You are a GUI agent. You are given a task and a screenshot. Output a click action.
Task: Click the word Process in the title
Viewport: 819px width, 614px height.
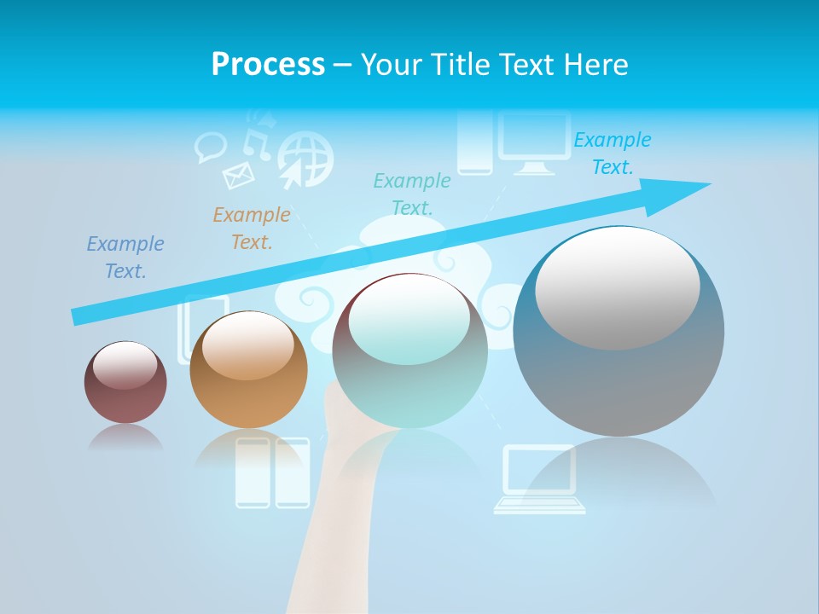pyautogui.click(x=268, y=65)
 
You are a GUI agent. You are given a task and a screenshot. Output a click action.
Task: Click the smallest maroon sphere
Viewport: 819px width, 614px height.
pyautogui.click(x=125, y=383)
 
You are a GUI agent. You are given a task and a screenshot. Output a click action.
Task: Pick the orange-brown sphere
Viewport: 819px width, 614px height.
pyautogui.click(x=248, y=370)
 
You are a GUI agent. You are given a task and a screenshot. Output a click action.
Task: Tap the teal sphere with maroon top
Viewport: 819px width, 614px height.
pyautogui.click(x=409, y=351)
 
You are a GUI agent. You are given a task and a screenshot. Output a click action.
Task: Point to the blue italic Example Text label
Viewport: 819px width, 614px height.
pyautogui.click(x=125, y=258)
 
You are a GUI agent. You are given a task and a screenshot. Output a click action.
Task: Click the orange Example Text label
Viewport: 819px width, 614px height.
pyautogui.click(x=252, y=229)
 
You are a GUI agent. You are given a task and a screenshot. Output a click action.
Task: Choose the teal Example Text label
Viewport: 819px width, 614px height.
pyautogui.click(x=412, y=194)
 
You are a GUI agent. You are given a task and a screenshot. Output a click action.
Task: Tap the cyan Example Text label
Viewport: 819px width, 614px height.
pyautogui.click(x=613, y=153)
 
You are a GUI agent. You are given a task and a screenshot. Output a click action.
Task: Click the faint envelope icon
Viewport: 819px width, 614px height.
pyautogui.click(x=239, y=176)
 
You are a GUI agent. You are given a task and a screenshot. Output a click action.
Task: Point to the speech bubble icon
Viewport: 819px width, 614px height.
pyautogui.click(x=209, y=147)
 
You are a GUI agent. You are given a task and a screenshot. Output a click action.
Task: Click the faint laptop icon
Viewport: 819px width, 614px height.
pyautogui.click(x=540, y=479)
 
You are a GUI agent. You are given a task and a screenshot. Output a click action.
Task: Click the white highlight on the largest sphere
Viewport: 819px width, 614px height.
pyautogui.click(x=617, y=287)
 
